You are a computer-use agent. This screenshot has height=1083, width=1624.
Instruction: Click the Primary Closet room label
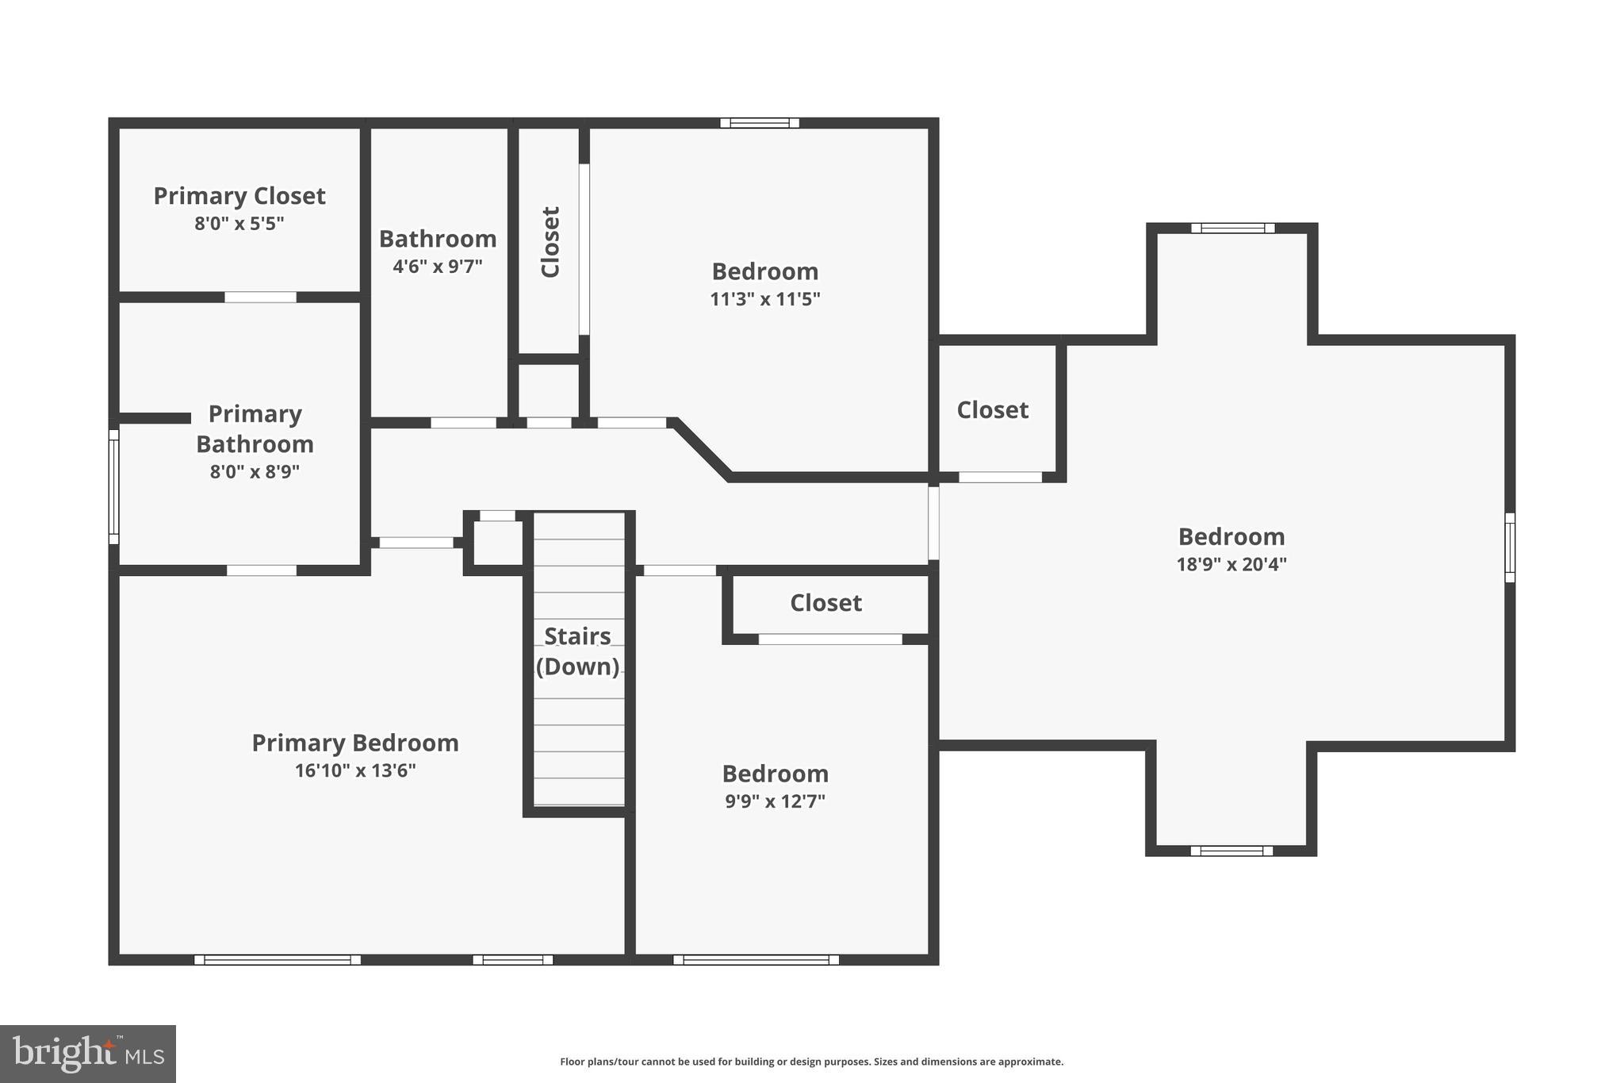[x=239, y=196]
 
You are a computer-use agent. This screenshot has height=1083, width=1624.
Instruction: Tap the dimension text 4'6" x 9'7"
[x=438, y=266]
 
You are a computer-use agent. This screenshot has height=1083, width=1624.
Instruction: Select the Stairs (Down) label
[x=577, y=651]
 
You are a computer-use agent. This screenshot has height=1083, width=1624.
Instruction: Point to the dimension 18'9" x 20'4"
[x=1231, y=564]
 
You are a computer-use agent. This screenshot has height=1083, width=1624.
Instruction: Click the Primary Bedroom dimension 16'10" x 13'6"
[x=355, y=770]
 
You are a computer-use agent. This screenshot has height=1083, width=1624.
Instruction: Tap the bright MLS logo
[x=88, y=1054]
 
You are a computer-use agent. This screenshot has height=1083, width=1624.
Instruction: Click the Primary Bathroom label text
[x=255, y=428]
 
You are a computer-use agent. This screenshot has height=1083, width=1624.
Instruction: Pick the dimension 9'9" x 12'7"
[x=775, y=801]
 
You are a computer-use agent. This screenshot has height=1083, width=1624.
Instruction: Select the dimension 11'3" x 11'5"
[x=764, y=299]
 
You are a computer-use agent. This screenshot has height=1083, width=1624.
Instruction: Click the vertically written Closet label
[x=550, y=242]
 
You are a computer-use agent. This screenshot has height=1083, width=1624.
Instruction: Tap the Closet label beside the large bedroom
[x=992, y=410]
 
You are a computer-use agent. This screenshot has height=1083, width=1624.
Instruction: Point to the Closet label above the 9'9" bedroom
[x=825, y=603]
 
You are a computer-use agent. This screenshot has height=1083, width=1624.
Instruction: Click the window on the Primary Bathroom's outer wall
[x=114, y=486]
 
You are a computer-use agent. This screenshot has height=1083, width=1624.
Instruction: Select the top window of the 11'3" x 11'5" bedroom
[x=759, y=123]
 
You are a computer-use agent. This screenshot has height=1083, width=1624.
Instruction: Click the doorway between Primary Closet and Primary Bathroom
[x=260, y=298]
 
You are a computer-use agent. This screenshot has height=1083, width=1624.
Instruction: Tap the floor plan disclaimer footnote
[x=811, y=1062]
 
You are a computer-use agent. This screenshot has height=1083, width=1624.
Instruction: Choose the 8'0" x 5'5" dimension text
[x=239, y=224]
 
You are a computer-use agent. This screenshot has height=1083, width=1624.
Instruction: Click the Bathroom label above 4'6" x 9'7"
[x=438, y=239]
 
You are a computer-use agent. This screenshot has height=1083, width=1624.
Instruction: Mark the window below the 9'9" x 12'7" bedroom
[x=756, y=960]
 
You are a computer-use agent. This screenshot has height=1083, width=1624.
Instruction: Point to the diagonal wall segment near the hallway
[x=701, y=449]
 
